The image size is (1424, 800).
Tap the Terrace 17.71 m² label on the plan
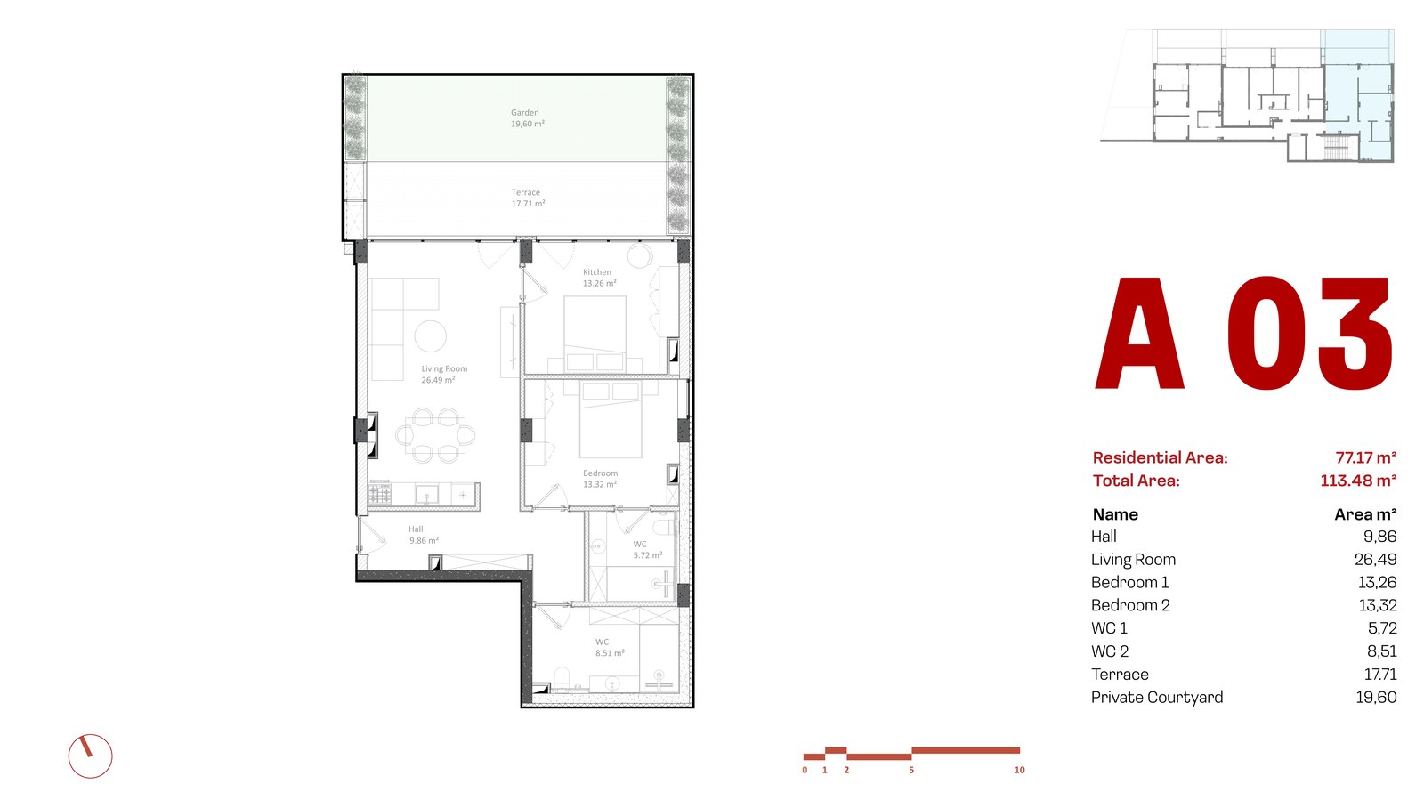tap(529, 198)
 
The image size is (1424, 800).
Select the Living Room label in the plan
tap(444, 375)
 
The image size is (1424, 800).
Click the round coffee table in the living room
tap(431, 335)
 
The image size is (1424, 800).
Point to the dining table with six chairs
tap(435, 435)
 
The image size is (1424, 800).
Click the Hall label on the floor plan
tap(424, 535)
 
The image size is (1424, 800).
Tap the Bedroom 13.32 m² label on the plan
tap(600, 479)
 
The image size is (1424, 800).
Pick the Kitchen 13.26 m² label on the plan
tap(600, 278)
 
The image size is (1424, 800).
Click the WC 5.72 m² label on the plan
tap(648, 550)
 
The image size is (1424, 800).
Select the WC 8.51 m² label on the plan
tap(610, 648)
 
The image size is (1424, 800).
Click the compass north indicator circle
tap(90, 756)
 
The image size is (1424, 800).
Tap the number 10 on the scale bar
tap(1020, 770)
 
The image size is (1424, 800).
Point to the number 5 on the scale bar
tap(911, 770)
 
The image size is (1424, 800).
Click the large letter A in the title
tap(1139, 333)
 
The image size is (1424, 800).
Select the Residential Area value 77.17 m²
tap(1365, 457)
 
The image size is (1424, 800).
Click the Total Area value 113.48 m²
tap(1358, 481)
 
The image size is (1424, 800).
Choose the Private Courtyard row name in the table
tap(1157, 697)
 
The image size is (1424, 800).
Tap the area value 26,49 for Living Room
tap(1376, 560)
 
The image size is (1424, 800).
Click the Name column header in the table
tap(1115, 514)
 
